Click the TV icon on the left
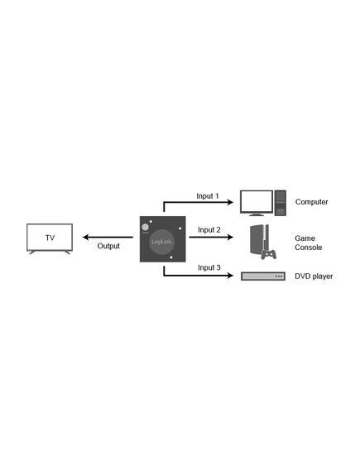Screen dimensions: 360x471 point(50,238)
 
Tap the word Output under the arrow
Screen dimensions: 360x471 point(108,246)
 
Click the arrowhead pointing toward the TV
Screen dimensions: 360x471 point(86,238)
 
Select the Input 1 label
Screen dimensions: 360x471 point(208,196)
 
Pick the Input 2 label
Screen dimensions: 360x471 point(209,230)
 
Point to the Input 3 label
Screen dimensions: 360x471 point(209,267)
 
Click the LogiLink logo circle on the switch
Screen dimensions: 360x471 point(162,242)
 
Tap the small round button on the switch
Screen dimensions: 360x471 point(146,227)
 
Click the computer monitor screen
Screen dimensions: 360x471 point(257,202)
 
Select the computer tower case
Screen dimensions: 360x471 point(281,203)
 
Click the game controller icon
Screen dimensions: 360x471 point(269,254)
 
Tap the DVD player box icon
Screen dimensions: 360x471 point(263,276)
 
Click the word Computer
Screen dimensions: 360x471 point(311,202)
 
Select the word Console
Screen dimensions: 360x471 point(309,248)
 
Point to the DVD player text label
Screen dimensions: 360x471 point(314,276)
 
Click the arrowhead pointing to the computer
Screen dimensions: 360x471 point(230,202)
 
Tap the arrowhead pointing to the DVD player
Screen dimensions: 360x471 point(230,275)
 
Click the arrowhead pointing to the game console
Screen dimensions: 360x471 point(230,238)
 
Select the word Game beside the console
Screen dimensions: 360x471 point(305,238)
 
